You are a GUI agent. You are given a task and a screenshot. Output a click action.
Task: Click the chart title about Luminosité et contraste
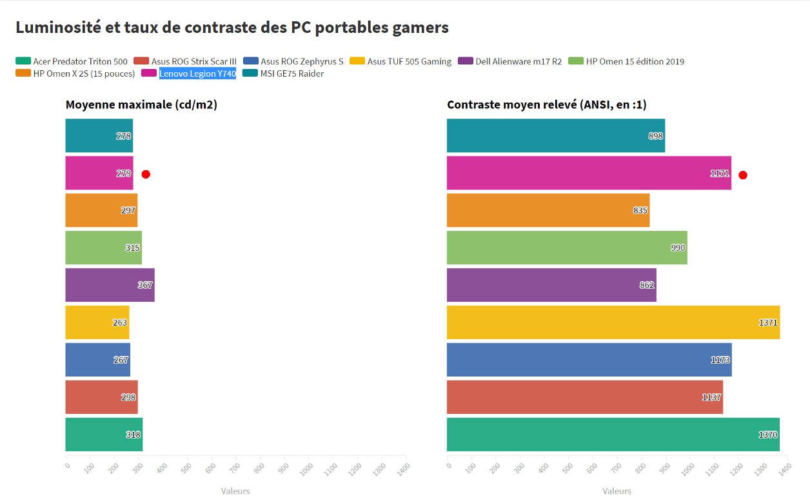coord(232,28)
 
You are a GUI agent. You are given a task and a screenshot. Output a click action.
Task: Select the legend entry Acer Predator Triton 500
coord(71,62)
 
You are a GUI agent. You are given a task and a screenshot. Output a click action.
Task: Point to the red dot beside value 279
coord(146,174)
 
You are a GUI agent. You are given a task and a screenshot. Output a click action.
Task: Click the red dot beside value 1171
coord(743,175)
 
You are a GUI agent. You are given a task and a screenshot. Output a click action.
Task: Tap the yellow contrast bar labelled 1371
coord(613,322)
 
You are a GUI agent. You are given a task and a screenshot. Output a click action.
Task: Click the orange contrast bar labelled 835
coord(548,210)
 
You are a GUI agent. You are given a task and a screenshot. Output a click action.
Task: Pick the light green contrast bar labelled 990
coord(568,248)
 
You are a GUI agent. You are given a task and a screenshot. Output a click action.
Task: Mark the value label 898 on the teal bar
coord(656,136)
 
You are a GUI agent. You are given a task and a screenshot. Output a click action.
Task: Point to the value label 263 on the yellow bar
coord(120,322)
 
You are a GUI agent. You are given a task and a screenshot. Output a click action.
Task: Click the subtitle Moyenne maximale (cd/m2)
coord(141,105)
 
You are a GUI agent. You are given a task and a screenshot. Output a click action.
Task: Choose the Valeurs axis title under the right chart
coord(617,491)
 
